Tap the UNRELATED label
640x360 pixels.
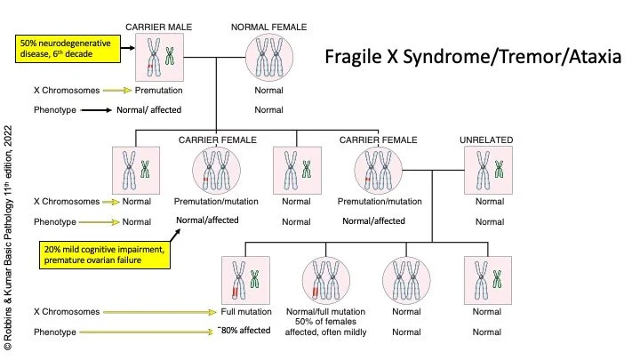point(486,140)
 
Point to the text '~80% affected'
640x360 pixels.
point(244,331)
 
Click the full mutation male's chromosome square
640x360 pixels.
point(245,280)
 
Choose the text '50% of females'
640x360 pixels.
point(325,323)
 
